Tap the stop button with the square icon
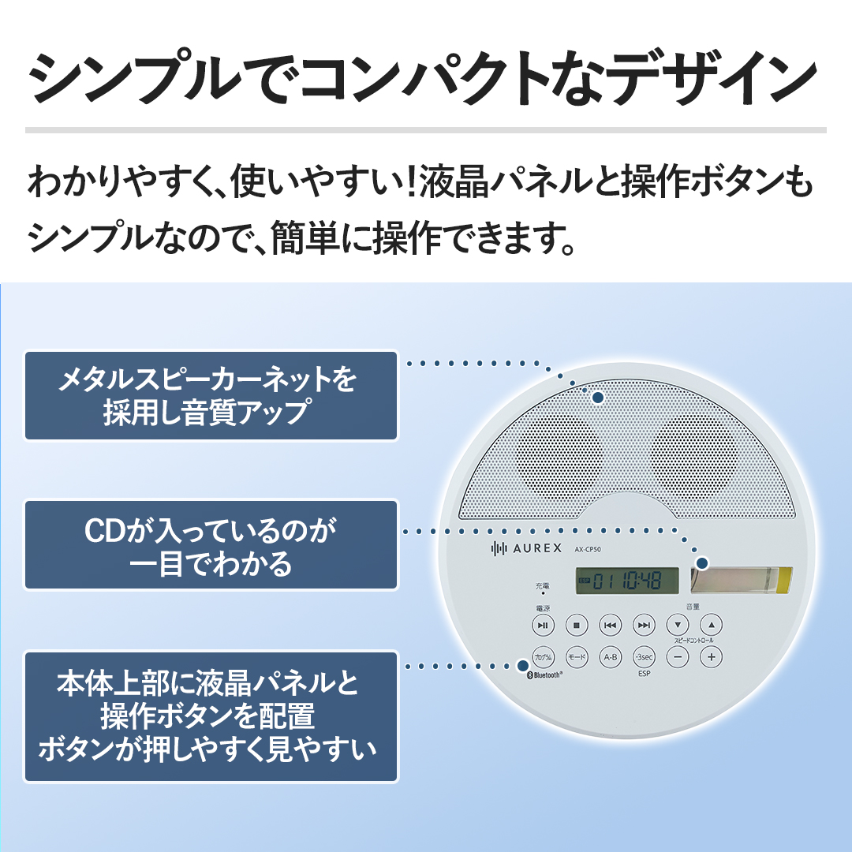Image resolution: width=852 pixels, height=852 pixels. tap(577, 625)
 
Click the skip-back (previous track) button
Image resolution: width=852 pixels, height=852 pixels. tap(610, 625)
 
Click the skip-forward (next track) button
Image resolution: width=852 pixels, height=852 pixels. tap(644, 625)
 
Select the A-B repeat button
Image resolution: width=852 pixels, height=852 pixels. tap(610, 657)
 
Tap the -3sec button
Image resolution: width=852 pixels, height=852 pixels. tap(644, 657)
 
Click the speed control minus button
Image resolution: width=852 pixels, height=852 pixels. tap(678, 657)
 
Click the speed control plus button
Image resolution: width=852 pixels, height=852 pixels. tap(712, 657)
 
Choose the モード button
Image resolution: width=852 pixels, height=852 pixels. tap(577, 657)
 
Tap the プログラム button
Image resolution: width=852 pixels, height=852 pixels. tap(543, 657)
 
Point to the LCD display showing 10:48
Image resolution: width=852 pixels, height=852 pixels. tap(627, 581)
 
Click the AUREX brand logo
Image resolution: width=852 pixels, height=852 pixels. tap(526, 548)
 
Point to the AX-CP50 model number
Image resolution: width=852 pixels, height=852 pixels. tap(588, 549)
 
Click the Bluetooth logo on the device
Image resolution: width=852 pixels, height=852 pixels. tap(545, 674)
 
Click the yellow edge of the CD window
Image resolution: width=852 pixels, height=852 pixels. tap(785, 580)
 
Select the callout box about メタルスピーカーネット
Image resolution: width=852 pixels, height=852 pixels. tap(211, 395)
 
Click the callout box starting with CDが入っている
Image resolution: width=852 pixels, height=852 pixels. tap(211, 545)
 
